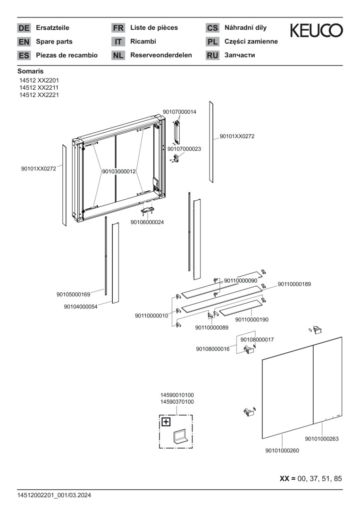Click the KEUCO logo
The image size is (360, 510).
pos(316,30)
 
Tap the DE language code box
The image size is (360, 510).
pos(24,28)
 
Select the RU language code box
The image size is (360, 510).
pos(212,55)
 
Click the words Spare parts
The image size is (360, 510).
pos(54,42)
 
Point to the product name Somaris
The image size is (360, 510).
pos(31,71)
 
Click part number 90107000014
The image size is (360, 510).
pos(179,111)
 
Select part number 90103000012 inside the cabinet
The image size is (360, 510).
pos(119,171)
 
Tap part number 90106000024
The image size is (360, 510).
pos(147,222)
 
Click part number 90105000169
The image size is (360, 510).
pos(74,294)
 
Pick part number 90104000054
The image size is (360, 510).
pos(81,306)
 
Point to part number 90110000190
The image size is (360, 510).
pos(252,319)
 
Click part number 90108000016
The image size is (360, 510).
pos(212,349)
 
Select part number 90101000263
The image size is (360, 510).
pos(322,439)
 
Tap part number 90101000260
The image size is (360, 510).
pos(282,450)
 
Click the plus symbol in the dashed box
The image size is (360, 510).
pos(166,422)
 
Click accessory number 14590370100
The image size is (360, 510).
pos(177,402)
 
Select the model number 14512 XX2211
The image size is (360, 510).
pos(39,87)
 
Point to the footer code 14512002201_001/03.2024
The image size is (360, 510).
pos(54,495)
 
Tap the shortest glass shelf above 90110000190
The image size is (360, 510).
pos(240,308)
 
